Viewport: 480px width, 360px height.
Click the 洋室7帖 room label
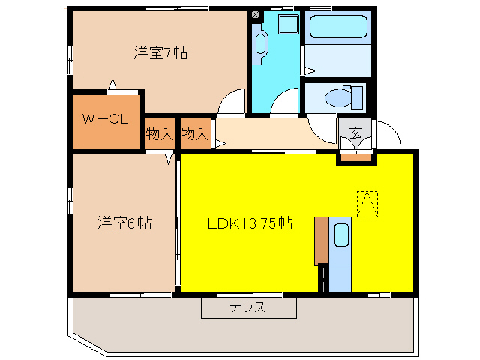coord(160,52)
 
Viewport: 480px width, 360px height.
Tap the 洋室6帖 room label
coord(124,223)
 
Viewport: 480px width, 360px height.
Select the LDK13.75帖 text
coord(250,223)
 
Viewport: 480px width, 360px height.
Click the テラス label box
coord(248,307)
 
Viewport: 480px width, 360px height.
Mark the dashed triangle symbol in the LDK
coord(367,203)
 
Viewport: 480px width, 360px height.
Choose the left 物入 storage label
coord(160,135)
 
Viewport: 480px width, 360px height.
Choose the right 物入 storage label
coord(194,135)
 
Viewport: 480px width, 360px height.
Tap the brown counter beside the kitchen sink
coord(321,240)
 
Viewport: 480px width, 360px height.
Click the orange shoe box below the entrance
coord(356,157)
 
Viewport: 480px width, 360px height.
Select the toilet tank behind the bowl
coord(357,97)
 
